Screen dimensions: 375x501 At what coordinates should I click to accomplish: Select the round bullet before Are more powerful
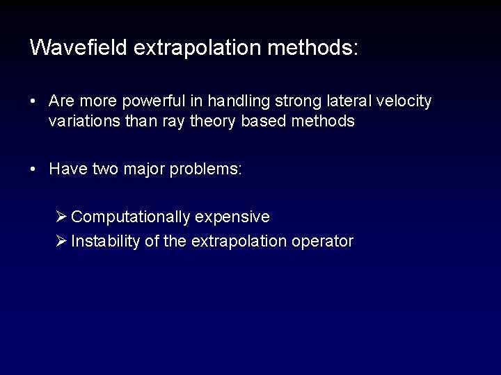(x=33, y=101)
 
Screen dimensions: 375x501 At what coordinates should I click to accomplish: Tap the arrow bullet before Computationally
(x=61, y=217)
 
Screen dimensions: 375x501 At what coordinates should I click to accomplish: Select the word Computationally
(x=131, y=217)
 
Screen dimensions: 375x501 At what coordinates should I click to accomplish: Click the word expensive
(x=232, y=217)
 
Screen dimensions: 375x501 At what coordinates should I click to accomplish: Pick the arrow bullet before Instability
(x=61, y=242)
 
